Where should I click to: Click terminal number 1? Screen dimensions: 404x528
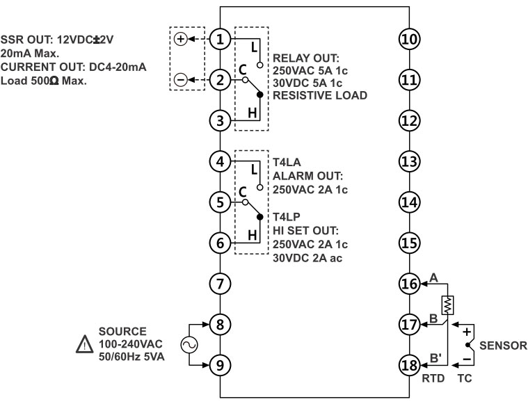(x=221, y=39)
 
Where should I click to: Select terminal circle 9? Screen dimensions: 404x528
(x=221, y=364)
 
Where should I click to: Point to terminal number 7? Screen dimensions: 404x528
(x=221, y=283)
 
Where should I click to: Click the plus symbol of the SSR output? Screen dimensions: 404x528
(x=180, y=39)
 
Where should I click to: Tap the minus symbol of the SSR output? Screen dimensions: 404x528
(x=180, y=79)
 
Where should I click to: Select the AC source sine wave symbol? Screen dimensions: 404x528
(x=186, y=344)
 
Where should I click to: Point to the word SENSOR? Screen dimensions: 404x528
(x=504, y=345)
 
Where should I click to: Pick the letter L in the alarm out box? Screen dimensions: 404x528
(x=253, y=169)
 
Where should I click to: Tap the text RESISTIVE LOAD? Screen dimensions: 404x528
(x=320, y=95)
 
